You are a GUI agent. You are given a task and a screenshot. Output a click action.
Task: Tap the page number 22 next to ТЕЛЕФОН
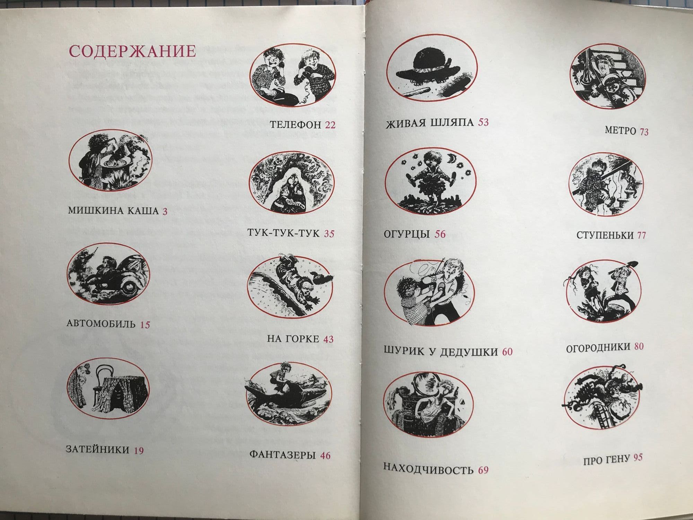click(x=330, y=125)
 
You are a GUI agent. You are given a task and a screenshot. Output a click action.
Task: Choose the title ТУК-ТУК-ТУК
click(x=283, y=233)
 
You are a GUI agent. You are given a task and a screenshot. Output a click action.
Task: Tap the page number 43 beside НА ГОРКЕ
click(x=328, y=339)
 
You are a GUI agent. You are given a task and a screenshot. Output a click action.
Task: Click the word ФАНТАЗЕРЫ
click(x=282, y=454)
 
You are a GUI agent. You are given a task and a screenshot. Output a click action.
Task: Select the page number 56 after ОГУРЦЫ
click(x=440, y=234)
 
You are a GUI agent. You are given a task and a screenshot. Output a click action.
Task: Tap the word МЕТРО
click(x=620, y=131)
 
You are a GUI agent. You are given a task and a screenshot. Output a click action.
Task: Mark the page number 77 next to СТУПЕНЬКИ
click(x=641, y=235)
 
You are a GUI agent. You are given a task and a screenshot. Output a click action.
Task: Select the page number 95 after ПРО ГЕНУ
click(x=638, y=458)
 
